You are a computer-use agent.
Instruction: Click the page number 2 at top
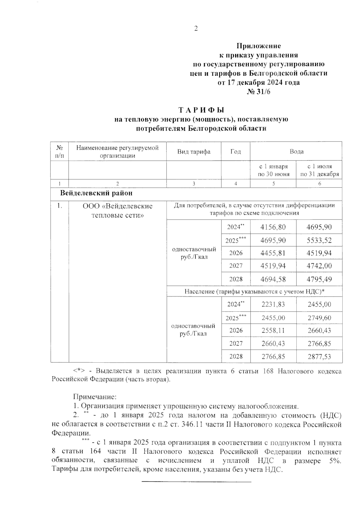196,29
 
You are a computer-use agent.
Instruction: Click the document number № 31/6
258,91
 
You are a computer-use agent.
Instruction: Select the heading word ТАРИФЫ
201,110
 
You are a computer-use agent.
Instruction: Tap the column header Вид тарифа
193,151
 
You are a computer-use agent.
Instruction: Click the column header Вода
296,151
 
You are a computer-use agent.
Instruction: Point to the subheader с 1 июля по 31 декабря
319,170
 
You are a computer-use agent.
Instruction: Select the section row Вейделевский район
96,193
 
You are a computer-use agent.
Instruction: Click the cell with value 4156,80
273,227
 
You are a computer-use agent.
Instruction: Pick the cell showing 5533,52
319,240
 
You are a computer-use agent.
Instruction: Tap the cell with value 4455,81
273,253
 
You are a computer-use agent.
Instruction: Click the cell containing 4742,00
319,266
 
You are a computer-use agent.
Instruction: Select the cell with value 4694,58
273,279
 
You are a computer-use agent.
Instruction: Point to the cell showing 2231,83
273,304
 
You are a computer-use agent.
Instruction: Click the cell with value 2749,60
319,318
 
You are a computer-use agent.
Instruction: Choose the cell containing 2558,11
273,331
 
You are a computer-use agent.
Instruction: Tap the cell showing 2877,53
319,356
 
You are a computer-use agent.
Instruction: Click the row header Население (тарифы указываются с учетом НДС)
254,292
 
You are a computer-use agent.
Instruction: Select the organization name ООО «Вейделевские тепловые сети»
118,211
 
